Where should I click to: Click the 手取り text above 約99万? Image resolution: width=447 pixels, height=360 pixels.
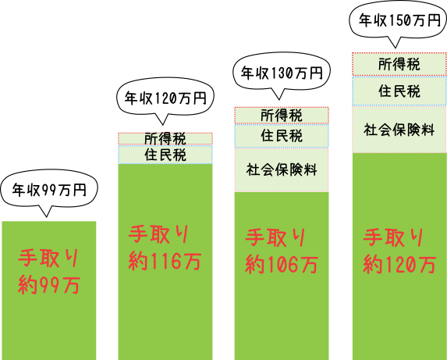pyautogui.click(x=49, y=258)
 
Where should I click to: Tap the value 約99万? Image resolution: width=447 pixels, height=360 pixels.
pyautogui.click(x=49, y=285)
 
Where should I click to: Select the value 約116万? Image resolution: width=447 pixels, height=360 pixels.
pyautogui.click(x=165, y=262)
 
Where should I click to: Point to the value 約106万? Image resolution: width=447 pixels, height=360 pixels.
pyautogui.click(x=282, y=265)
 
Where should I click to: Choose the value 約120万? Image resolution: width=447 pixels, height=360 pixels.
pyautogui.click(x=399, y=265)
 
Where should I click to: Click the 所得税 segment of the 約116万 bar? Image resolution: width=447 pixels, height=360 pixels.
pyautogui.click(x=165, y=138)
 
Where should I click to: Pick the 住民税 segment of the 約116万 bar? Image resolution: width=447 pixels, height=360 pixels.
pyautogui.click(x=165, y=155)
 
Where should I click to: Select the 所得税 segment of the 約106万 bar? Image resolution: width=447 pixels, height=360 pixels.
pyautogui.click(x=282, y=116)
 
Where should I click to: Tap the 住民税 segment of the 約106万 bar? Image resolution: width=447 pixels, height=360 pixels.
pyautogui.click(x=282, y=136)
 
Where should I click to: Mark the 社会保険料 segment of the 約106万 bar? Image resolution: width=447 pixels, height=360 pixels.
pyautogui.click(x=282, y=169)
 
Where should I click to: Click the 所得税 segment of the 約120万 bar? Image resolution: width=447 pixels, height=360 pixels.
pyautogui.click(x=399, y=64)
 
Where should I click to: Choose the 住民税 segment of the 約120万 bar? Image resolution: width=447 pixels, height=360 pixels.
pyautogui.click(x=399, y=91)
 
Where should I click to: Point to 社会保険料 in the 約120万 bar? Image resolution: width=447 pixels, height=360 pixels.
pyautogui.click(x=399, y=129)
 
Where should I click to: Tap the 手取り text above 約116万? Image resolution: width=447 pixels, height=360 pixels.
pyautogui.click(x=160, y=235)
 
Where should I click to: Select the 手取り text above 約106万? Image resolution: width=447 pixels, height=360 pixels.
pyautogui.click(x=277, y=237)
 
